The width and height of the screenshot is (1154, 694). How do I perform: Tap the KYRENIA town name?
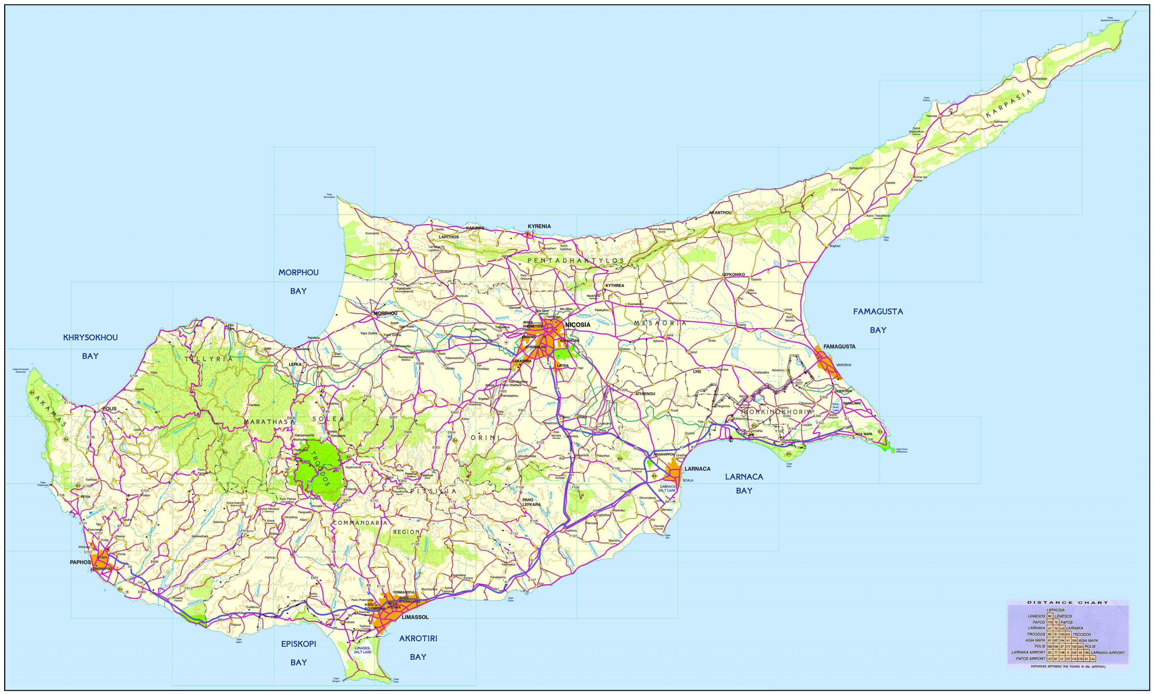[x=539, y=226]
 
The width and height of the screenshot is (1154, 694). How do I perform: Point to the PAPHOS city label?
[x=80, y=562]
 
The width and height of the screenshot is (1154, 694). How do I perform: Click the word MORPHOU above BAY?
[x=298, y=273]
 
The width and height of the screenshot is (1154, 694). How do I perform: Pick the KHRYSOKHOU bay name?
[x=90, y=338]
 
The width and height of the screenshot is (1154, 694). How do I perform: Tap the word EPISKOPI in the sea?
[x=298, y=644]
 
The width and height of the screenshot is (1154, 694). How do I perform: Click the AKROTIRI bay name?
[x=418, y=638]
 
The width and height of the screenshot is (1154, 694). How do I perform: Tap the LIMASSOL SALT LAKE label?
[x=363, y=649]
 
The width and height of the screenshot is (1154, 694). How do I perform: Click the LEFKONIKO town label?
[x=733, y=274]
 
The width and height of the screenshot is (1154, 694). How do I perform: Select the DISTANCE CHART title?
[x=1067, y=603]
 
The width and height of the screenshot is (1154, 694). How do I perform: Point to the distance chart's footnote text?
[x=1067, y=666]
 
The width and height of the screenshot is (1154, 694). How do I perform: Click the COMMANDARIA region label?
[x=360, y=522]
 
